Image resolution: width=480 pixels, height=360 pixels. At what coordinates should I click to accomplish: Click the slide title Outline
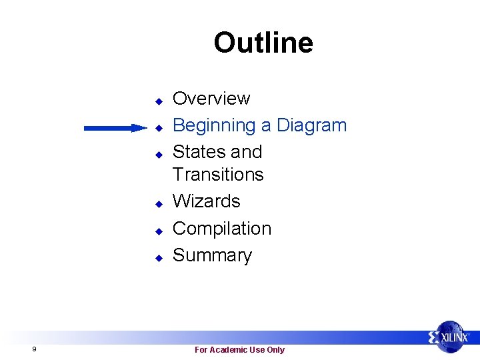[x=263, y=43]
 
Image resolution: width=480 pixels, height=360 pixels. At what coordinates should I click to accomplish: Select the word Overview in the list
[x=211, y=99]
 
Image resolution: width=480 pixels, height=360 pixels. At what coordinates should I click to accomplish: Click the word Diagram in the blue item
[x=311, y=125]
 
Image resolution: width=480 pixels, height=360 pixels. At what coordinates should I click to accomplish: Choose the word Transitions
[x=218, y=175]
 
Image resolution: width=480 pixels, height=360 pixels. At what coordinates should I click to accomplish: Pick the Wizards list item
[x=206, y=201]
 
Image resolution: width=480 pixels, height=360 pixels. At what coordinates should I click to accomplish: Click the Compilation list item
[x=222, y=228]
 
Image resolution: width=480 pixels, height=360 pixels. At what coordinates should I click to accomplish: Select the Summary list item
[x=212, y=255]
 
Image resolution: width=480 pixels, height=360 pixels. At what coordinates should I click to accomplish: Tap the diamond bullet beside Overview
[x=159, y=101]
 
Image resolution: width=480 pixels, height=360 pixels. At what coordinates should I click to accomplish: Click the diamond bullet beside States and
[x=159, y=154]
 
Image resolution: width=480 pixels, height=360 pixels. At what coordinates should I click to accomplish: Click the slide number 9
[x=33, y=349]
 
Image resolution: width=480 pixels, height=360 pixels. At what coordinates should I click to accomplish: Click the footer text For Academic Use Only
[x=239, y=350]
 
